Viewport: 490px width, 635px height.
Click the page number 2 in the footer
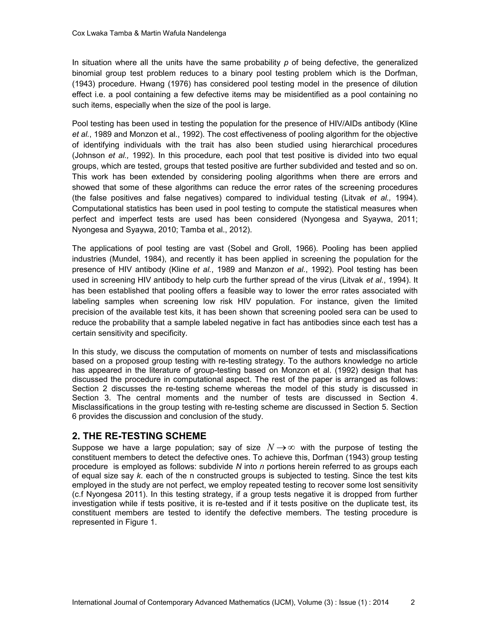pos(412,602)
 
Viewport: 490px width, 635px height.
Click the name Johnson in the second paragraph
pos(90,156)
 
